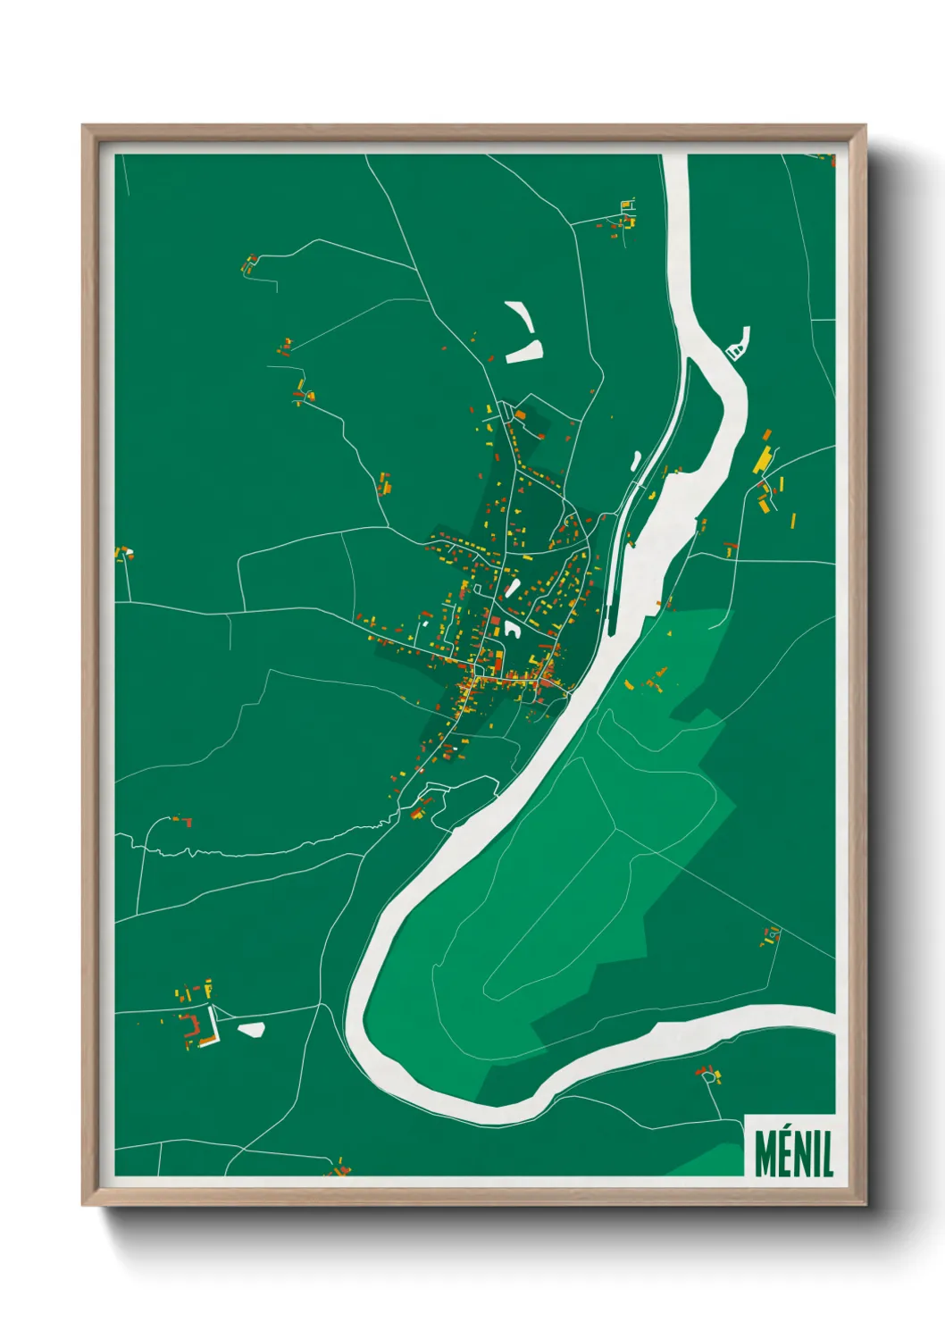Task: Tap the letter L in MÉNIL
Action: [827, 1154]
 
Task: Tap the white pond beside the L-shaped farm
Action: [251, 1030]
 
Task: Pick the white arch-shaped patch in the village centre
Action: [512, 628]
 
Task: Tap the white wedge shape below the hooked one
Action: [524, 350]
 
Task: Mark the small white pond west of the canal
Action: [635, 461]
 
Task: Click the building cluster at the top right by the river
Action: [623, 217]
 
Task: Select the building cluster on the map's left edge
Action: [123, 554]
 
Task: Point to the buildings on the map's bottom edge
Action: [339, 1167]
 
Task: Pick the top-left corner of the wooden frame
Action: [85, 128]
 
